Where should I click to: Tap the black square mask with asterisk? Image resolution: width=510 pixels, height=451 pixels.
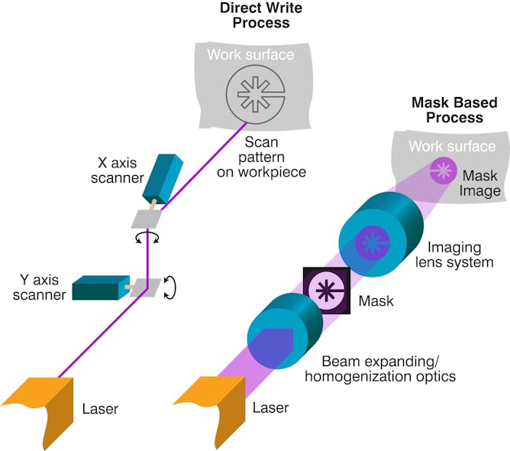click(x=327, y=291)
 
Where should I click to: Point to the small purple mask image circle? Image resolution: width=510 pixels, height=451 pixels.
click(x=442, y=170)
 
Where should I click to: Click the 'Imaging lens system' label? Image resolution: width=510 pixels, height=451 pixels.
click(x=460, y=255)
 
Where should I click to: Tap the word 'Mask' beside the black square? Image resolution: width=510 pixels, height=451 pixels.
click(x=376, y=300)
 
